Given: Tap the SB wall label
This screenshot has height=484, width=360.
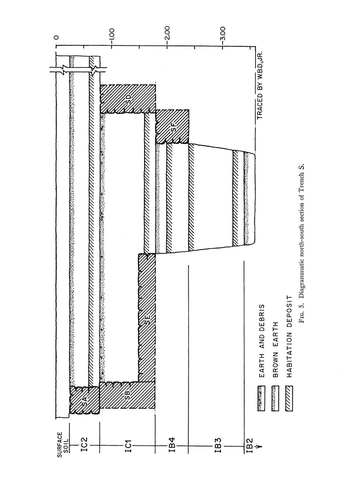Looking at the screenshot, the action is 127,397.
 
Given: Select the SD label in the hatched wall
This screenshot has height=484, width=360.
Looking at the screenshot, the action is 128,99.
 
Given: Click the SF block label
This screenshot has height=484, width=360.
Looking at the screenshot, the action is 173,126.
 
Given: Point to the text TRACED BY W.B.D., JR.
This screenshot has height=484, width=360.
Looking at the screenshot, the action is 260,85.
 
